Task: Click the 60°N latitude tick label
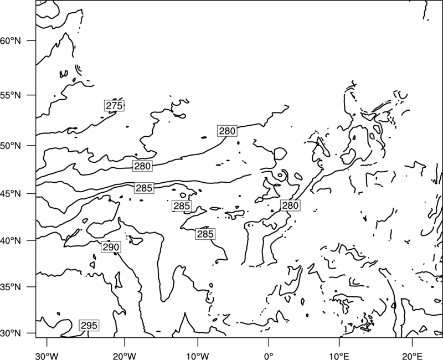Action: [x=11, y=40]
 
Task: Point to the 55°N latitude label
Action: [x=11, y=95]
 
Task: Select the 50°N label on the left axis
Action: [x=11, y=146]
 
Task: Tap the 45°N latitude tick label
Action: [x=11, y=193]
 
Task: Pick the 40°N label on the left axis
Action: [x=11, y=241]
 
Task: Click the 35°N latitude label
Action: [x=11, y=287]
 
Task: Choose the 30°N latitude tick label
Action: [x=11, y=333]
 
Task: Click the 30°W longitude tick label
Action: [x=47, y=356]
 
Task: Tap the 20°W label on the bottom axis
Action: [x=125, y=356]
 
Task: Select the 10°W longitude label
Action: [x=198, y=356]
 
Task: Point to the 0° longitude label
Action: [x=269, y=356]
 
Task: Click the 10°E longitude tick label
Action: [x=339, y=356]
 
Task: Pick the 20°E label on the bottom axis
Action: [x=412, y=356]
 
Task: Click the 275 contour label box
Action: [x=114, y=106]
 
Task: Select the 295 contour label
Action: [x=89, y=326]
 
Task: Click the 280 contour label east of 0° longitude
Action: [x=290, y=205]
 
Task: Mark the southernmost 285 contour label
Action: [x=205, y=234]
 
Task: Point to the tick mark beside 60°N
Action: [x=32, y=40]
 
